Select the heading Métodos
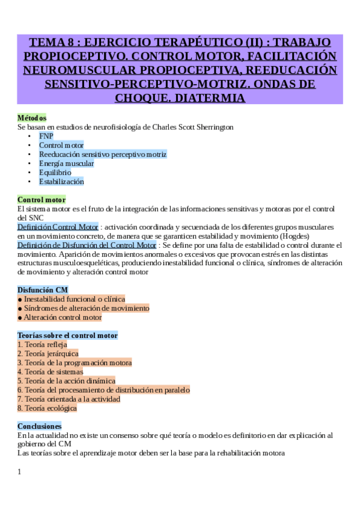pyautogui.click(x=32, y=118)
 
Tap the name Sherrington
pyautogui.click(x=211, y=127)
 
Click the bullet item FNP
pyautogui.click(x=46, y=136)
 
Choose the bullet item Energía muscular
pyautogui.click(x=66, y=163)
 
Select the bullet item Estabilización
pyautogui.click(x=61, y=181)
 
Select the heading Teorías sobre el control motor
pyautogui.click(x=67, y=335)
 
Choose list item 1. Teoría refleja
pyautogui.click(x=42, y=345)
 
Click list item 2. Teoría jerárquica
pyautogui.click(x=48, y=354)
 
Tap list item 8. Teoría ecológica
pyautogui.click(x=47, y=408)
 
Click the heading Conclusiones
pyautogui.click(x=39, y=426)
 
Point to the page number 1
pyautogui.click(x=19, y=472)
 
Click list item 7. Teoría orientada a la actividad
pyautogui.click(x=69, y=399)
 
